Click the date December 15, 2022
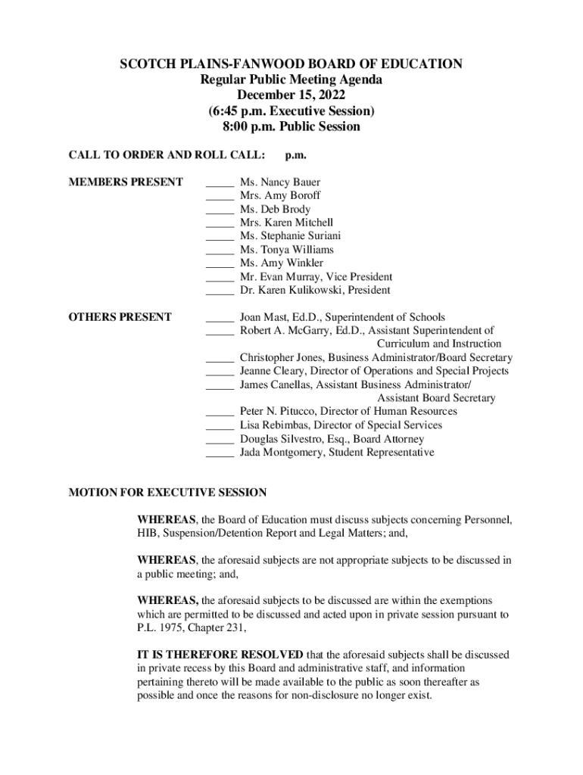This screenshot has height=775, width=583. pyautogui.click(x=291, y=95)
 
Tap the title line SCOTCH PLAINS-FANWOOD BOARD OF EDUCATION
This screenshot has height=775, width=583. pyautogui.click(x=291, y=64)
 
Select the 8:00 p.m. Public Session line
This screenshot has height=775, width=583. pyautogui.click(x=291, y=126)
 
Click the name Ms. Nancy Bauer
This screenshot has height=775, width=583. pyautogui.click(x=279, y=182)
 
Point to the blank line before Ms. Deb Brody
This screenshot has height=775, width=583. pyautogui.click(x=220, y=210)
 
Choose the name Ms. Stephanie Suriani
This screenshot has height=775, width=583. pyautogui.click(x=290, y=236)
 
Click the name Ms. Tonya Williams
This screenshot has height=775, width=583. pyautogui.click(x=286, y=250)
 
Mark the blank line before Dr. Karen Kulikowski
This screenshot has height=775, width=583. pyautogui.click(x=220, y=291)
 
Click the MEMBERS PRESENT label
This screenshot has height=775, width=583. pyautogui.click(x=126, y=182)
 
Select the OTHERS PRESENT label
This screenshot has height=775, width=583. pyautogui.click(x=120, y=317)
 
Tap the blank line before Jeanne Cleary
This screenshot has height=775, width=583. pyautogui.click(x=220, y=371)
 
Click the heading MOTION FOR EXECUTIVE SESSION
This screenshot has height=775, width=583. pyautogui.click(x=167, y=493)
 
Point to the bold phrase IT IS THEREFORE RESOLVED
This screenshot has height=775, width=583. pyautogui.click(x=220, y=654)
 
